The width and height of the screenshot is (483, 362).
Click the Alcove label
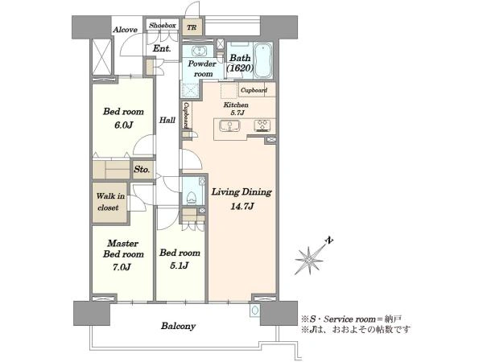pos(125,30)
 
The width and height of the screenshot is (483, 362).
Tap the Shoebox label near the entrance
pos(163,26)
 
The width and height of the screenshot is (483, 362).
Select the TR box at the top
pos(192,27)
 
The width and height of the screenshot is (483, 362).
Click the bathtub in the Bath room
pos(262,60)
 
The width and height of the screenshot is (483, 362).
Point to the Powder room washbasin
pos(197,51)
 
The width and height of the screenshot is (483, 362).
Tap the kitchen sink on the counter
pos(229,125)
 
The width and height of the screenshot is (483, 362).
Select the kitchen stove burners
pos(262,125)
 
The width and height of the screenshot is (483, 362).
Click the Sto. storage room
pos(142,169)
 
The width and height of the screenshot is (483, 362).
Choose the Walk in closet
pos(110,202)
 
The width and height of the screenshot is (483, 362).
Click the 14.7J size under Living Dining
pos(242,207)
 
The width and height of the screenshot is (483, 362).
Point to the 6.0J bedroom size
pos(123,125)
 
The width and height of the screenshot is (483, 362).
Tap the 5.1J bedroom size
pos(180,265)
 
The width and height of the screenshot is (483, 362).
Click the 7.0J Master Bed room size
pos(122,267)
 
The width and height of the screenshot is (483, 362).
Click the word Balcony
pos(178,326)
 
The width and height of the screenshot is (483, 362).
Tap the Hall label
pos(167,120)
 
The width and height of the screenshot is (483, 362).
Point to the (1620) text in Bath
pos(240,68)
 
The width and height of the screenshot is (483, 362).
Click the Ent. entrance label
pos(162,48)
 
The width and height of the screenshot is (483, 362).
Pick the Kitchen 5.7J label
pos(236,109)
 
